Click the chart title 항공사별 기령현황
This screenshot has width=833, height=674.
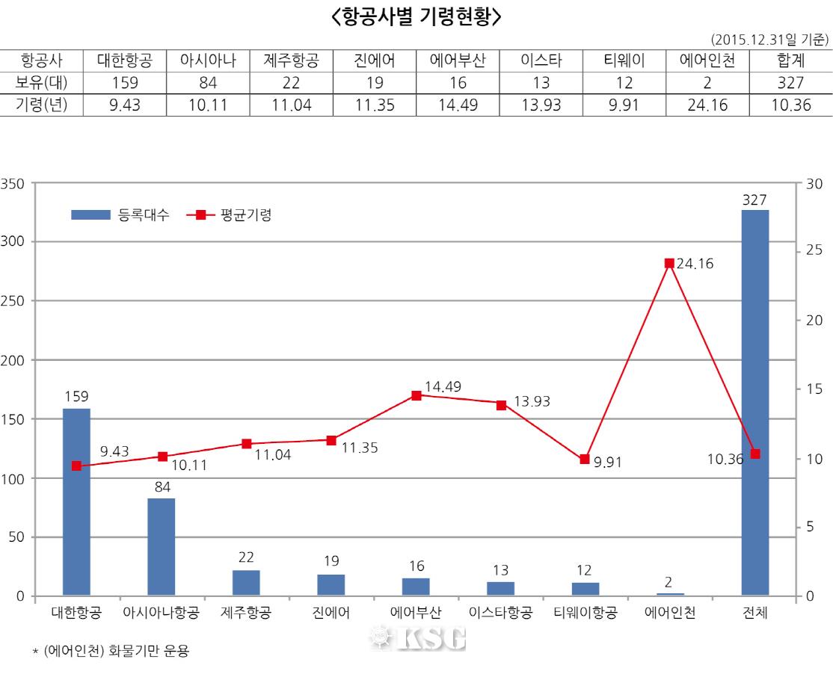click(x=416, y=16)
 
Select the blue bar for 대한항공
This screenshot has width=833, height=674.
click(x=76, y=501)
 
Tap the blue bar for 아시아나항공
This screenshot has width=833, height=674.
click(x=161, y=546)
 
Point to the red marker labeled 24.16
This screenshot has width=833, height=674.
click(x=669, y=263)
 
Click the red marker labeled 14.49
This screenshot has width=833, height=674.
click(x=416, y=395)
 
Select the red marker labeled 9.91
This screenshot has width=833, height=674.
click(x=585, y=459)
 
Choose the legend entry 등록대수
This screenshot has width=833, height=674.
click(x=120, y=215)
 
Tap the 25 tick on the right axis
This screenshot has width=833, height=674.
click(x=814, y=250)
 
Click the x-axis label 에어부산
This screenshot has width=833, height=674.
click(x=416, y=614)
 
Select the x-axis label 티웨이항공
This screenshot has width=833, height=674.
click(x=585, y=614)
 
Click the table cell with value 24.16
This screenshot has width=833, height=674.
click(x=707, y=105)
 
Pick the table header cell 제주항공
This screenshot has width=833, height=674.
click(x=291, y=61)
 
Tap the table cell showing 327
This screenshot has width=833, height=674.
click(x=790, y=83)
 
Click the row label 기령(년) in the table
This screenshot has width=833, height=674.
click(x=41, y=105)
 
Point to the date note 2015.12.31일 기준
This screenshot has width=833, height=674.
click(x=770, y=39)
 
